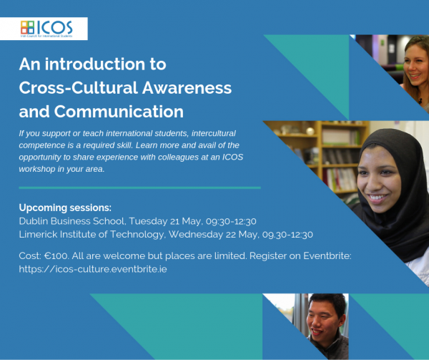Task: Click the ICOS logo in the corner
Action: (x=54, y=29)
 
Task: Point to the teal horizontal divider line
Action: (x=139, y=188)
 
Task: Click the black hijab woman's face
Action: (x=389, y=175)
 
